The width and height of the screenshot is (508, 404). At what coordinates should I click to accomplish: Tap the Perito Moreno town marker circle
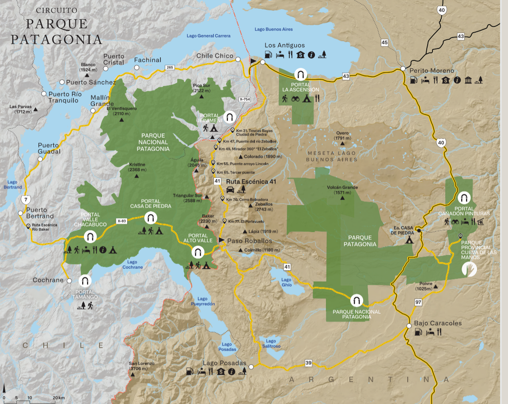pyautogui.click(x=403, y=68)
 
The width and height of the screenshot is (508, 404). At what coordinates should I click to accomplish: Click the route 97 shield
pyautogui.click(x=418, y=302)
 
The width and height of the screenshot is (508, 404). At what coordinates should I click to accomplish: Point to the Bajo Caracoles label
pyautogui.click(x=437, y=323)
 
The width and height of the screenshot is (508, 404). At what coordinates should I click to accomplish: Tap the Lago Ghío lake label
pyautogui.click(x=286, y=283)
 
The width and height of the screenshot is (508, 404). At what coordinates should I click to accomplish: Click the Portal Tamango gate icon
pyautogui.click(x=84, y=280)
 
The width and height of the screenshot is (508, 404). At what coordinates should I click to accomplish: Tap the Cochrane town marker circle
pyautogui.click(x=69, y=280)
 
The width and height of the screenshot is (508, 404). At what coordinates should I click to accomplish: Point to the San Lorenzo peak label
pyautogui.click(x=141, y=366)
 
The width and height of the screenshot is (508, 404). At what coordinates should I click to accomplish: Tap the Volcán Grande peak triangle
pyautogui.click(x=343, y=198)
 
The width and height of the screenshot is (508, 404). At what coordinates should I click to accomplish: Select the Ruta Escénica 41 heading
pyautogui.click(x=251, y=181)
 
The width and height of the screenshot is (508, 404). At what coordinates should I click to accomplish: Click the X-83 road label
pyautogui.click(x=122, y=221)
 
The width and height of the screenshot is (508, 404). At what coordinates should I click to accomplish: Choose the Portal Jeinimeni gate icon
pyautogui.click(x=229, y=117)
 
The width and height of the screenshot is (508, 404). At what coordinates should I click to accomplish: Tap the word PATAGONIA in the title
pyautogui.click(x=57, y=39)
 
